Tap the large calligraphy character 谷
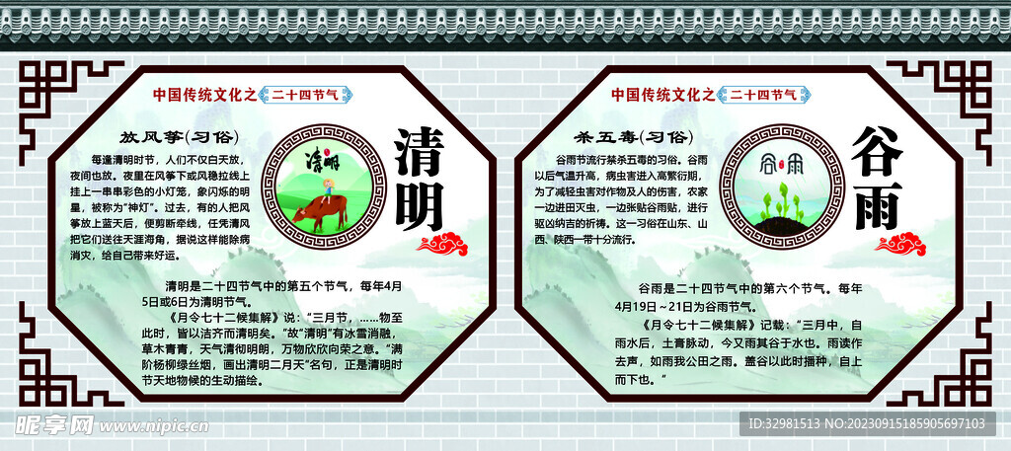point(877,151)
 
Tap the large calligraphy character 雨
point(877,203)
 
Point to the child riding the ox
point(322,188)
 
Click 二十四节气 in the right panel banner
point(763,95)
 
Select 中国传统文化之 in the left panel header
point(205,95)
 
